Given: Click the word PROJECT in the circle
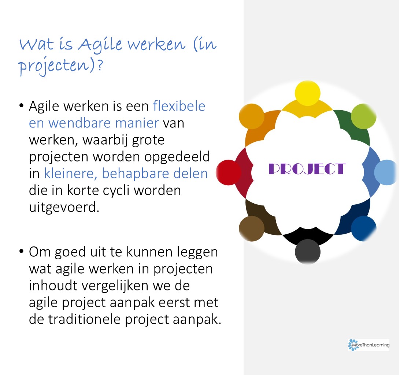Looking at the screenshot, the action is click(307, 169).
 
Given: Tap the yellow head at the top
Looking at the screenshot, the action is click(307, 93).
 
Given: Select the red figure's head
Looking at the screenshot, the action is click(229, 172).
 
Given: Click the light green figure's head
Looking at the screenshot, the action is click(363, 116).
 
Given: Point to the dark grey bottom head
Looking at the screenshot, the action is click(308, 252).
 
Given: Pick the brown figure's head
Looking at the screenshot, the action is click(252, 229).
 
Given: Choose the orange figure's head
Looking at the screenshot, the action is click(252, 116).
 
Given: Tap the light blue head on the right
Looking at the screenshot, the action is click(386, 172).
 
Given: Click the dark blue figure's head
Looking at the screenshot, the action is click(363, 229).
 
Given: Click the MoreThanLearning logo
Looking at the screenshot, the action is click(368, 345).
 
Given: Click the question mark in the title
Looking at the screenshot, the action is click(100, 65).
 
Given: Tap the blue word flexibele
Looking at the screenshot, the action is click(179, 106).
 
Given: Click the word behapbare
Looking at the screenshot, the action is click(135, 174).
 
